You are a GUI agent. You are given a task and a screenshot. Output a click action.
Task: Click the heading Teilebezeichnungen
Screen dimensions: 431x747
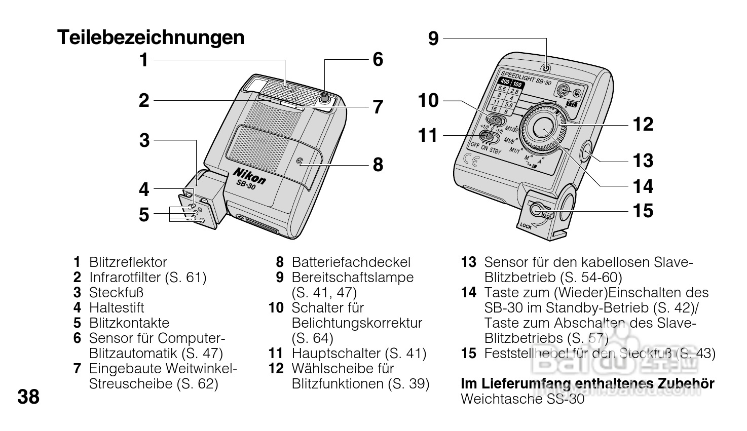click(151, 37)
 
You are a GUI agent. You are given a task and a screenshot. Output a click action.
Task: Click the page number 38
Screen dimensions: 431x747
click(28, 397)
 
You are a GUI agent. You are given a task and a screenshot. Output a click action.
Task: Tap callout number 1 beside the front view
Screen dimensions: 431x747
click(144, 60)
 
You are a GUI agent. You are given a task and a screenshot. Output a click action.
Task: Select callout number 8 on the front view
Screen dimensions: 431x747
click(378, 165)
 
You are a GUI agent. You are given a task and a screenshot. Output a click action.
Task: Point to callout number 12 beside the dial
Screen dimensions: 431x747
click(643, 124)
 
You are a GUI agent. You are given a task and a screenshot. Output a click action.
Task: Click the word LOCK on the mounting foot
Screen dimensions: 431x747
click(526, 226)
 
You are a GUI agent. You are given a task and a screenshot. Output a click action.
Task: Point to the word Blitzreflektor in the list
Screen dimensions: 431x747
click(128, 262)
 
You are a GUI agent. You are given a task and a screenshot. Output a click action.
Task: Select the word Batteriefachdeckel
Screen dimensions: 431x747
click(351, 262)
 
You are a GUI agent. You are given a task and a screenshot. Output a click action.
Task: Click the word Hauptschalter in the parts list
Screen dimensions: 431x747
click(336, 354)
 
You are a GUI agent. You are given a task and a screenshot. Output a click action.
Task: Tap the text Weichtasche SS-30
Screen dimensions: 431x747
click(522, 399)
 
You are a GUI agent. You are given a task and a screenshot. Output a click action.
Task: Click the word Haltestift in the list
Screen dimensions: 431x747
click(117, 308)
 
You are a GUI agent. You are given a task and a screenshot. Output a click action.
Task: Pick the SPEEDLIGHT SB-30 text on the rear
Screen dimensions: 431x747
click(526, 77)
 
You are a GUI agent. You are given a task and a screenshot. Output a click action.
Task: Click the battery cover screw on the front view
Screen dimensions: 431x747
click(299, 162)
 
